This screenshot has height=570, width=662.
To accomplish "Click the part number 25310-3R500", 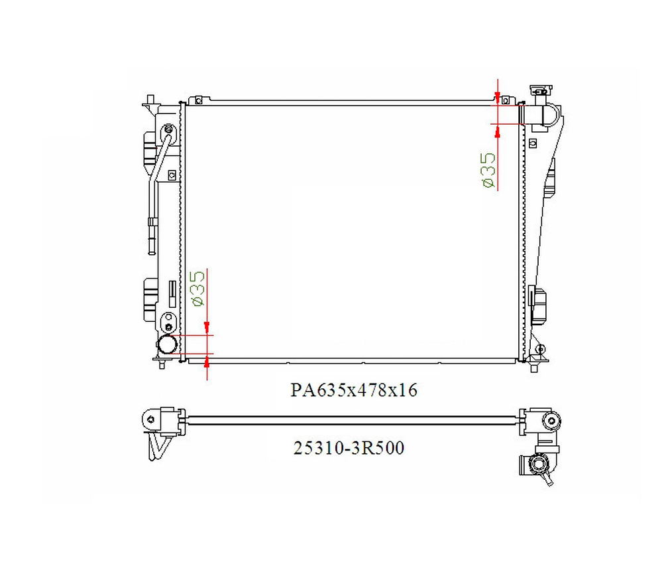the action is [x=349, y=448].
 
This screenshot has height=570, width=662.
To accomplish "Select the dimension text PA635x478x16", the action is [x=354, y=390].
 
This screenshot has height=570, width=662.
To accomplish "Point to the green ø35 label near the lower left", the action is [x=197, y=289].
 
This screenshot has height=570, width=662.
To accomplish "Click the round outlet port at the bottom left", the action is [x=167, y=344].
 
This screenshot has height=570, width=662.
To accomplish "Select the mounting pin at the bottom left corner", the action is [x=162, y=363].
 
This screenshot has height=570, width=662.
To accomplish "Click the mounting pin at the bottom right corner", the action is [x=534, y=366].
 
